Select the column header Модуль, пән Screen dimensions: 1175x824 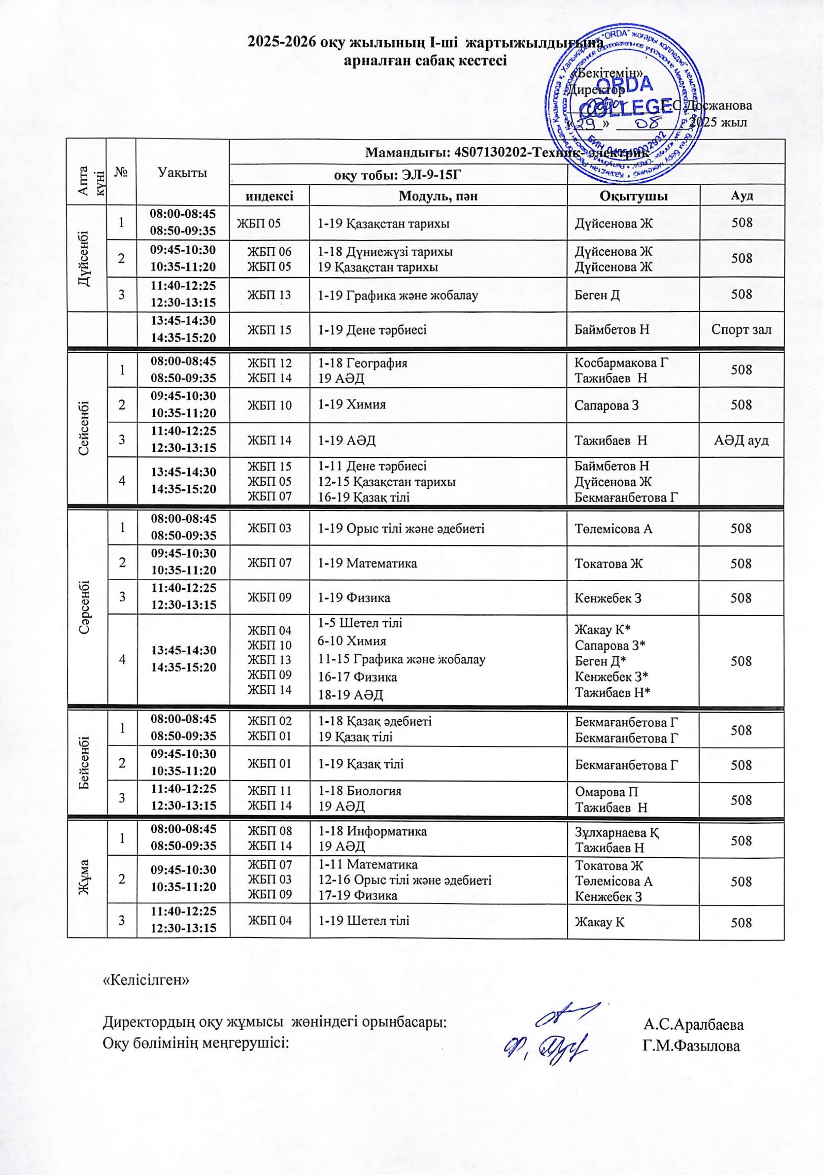pos(438,196)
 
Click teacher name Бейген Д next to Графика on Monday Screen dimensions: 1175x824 pos(597,294)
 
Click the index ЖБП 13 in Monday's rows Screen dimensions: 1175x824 pos(270,294)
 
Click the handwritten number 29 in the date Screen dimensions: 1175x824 pos(589,124)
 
